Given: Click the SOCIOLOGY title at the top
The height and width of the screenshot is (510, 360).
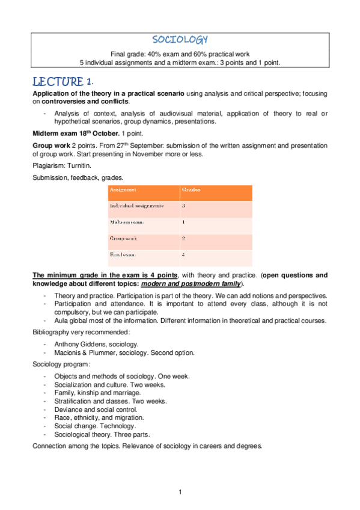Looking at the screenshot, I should (x=180, y=40).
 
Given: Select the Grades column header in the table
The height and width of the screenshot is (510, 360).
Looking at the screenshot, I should (x=192, y=189).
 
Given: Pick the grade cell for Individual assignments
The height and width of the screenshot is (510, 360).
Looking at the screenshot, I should (x=183, y=206).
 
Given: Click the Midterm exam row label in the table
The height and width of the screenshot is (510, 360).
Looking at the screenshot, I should (x=126, y=222).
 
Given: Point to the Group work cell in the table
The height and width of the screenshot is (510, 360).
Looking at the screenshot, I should (x=123, y=238).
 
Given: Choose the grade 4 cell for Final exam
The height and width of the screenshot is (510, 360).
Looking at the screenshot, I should (x=183, y=254).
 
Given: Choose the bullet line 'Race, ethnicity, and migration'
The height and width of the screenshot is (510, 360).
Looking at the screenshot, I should (x=99, y=417).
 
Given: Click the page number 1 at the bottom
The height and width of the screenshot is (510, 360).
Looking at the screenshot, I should (x=180, y=493).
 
